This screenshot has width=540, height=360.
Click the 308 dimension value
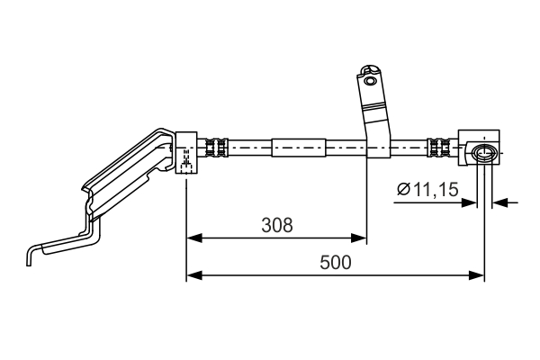277,225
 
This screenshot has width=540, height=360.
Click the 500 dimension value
336,263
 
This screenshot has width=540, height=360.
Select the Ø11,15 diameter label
427,189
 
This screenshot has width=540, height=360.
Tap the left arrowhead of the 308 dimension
193,238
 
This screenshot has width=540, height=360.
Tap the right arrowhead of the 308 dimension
358,238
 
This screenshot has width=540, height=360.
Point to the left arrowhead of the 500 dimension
193,275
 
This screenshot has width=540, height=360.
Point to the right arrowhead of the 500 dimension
477,275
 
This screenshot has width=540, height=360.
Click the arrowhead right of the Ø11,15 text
469,202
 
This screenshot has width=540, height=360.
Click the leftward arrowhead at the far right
499,202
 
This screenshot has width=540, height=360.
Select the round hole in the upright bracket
370,81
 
